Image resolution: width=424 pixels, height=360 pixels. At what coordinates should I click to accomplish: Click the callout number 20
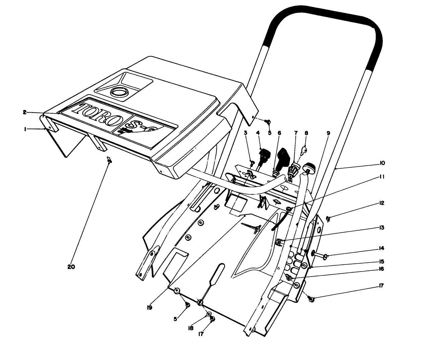click(71, 267)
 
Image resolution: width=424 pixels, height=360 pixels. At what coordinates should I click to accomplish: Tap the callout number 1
click(25, 129)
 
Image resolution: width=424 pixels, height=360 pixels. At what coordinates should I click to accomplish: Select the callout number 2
click(25, 113)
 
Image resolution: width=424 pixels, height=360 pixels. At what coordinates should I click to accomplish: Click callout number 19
click(149, 307)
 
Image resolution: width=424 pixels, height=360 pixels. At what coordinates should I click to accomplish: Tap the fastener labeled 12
click(328, 219)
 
